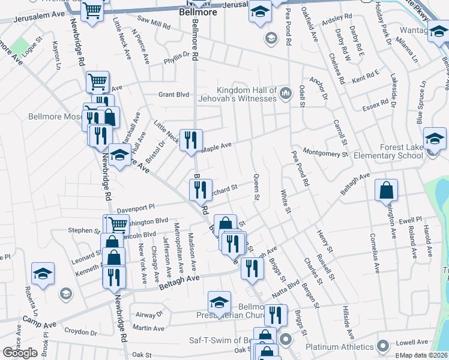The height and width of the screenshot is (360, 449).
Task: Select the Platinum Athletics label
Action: tap(339, 346)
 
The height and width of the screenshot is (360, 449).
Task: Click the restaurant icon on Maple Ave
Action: tap(191, 140)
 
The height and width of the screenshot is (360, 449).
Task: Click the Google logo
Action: tap(20, 352)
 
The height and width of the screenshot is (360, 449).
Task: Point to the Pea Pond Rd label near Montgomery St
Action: tap(300, 168)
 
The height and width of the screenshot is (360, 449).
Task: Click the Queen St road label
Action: tap(256, 187)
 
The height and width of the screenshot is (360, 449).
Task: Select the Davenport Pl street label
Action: tap(136, 209)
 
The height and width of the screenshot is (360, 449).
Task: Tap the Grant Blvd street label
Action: tap(173, 94)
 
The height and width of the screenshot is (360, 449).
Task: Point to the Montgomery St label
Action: tap(325, 152)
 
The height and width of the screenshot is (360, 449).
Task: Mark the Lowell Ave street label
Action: tap(412, 343)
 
